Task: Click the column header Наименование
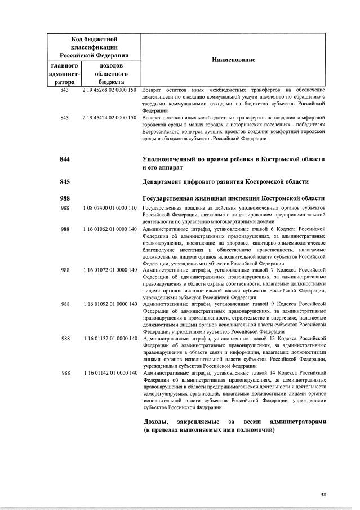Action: point(233,60)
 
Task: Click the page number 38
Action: point(323,494)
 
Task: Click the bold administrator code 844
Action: point(65,159)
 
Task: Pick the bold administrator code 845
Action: point(65,181)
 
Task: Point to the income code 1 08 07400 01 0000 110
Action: point(109,208)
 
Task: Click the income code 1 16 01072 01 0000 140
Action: point(109,270)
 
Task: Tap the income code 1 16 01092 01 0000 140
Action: point(109,304)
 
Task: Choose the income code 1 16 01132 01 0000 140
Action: point(109,339)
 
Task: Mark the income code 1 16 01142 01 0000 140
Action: point(109,373)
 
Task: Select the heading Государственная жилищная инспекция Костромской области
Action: point(233,198)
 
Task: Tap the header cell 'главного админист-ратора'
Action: point(65,74)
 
